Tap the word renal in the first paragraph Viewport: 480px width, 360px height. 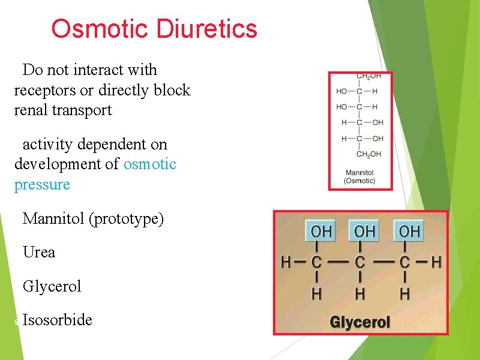31,110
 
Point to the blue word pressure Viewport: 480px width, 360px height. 42,184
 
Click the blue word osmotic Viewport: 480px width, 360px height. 149,164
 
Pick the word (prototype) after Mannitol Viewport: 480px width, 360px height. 126,218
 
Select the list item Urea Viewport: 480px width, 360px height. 39,252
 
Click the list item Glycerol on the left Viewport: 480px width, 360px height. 52,286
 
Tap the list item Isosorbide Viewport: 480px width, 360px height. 58,320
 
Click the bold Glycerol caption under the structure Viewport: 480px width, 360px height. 360,323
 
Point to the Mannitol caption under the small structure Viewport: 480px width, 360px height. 359,173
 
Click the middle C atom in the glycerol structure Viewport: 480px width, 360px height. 360,262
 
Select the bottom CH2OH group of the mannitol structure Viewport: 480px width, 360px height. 368,154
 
